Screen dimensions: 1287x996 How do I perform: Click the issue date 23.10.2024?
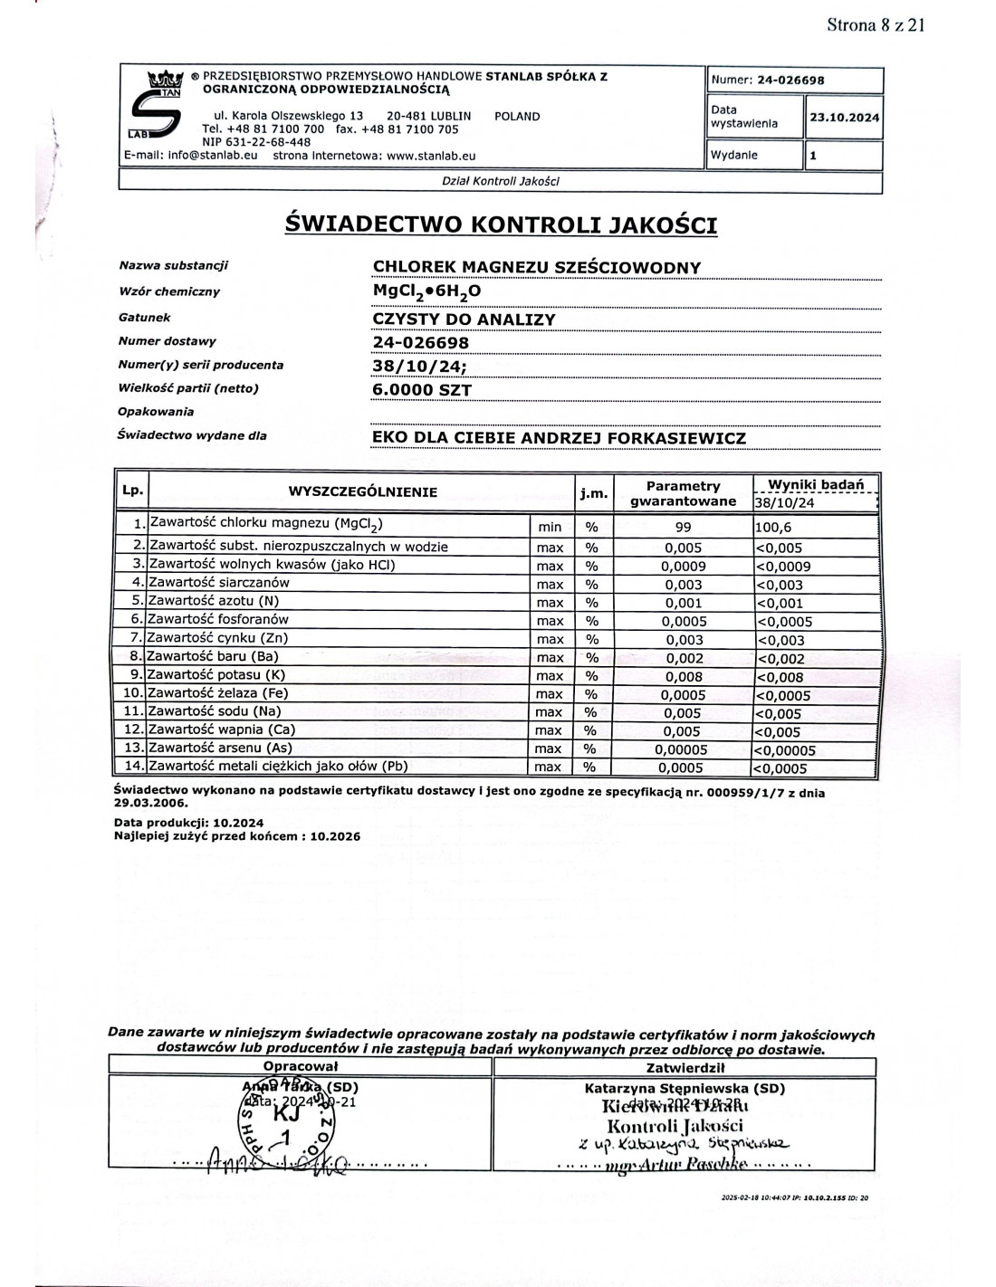coord(844,118)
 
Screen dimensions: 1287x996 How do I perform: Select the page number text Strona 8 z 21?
coord(875,25)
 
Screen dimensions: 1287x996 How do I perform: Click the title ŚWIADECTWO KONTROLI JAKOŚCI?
coord(501,224)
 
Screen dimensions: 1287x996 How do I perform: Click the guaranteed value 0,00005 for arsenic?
coord(684,749)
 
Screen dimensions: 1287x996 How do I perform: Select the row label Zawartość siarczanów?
coord(219,583)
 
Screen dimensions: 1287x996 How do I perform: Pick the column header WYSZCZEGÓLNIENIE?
coord(362,492)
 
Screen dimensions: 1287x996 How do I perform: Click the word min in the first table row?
coord(550,528)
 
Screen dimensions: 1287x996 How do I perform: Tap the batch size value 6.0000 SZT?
coord(422,390)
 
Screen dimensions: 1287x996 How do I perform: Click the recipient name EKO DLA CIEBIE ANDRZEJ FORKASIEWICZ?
coord(560,438)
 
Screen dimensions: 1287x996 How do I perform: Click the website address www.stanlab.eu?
coord(430,156)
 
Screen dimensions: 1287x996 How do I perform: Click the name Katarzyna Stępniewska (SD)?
coord(685,1089)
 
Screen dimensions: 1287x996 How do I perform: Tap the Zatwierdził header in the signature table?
coord(685,1068)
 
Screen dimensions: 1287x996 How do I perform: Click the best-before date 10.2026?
coord(335,836)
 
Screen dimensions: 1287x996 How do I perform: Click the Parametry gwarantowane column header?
coord(684,493)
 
